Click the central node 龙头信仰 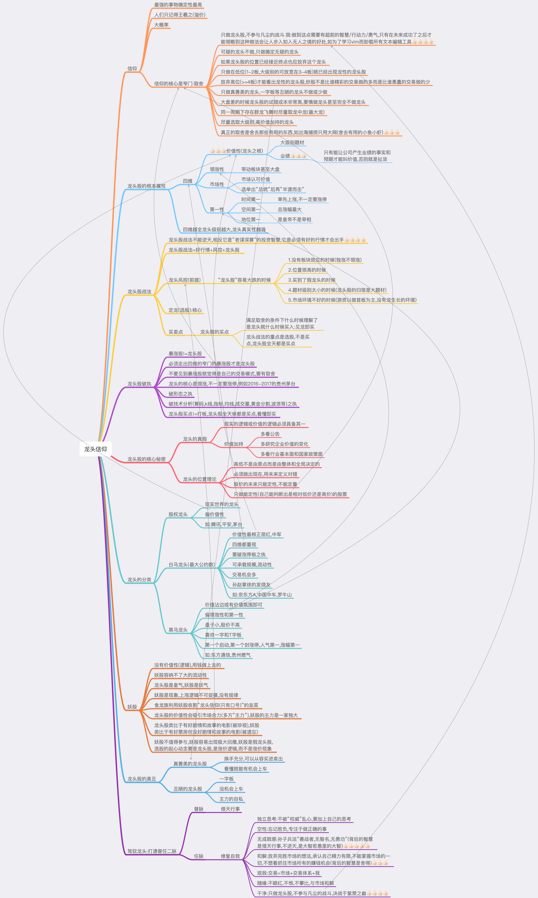(95, 449)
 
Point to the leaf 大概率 (161, 25)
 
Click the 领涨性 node (217, 169)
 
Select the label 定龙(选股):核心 (185, 310)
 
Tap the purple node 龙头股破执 (139, 384)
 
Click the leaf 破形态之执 (180, 394)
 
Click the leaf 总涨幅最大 (289, 209)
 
